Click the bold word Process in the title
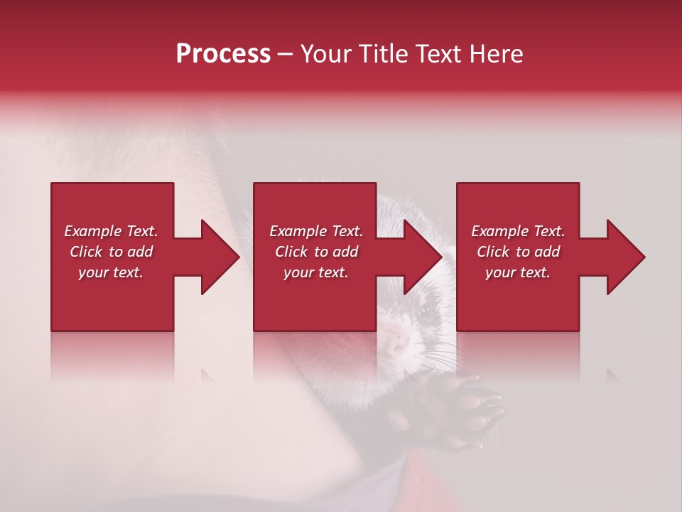pyautogui.click(x=223, y=54)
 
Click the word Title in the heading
pyautogui.click(x=384, y=54)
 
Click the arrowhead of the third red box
pyautogui.click(x=624, y=257)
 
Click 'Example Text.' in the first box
pyautogui.click(x=111, y=231)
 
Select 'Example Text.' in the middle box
pyautogui.click(x=316, y=231)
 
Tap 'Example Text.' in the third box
pyautogui.click(x=518, y=231)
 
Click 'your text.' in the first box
pyautogui.click(x=111, y=272)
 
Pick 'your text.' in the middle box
pyautogui.click(x=316, y=272)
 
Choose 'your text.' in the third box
pyautogui.click(x=518, y=272)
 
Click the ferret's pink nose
pyautogui.click(x=396, y=344)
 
